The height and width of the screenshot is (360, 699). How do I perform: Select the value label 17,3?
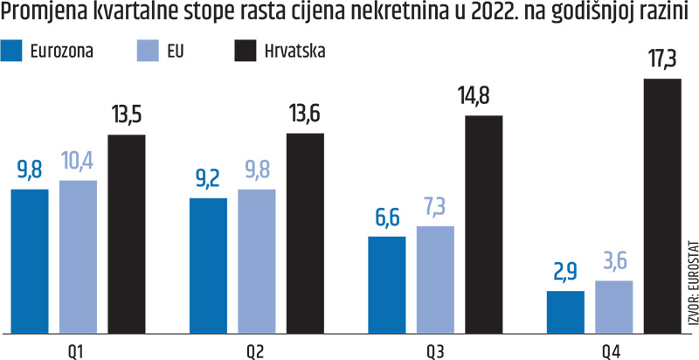[x=661, y=64]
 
